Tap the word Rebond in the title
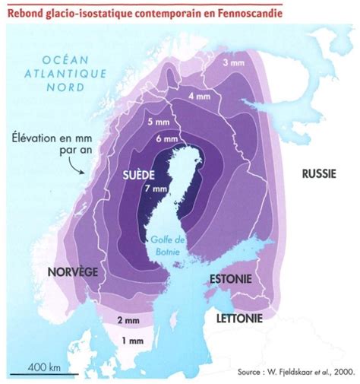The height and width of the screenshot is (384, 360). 30,12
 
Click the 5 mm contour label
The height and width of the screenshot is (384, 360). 160,123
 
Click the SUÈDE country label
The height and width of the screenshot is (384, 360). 140,175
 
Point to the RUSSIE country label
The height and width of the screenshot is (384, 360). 320,173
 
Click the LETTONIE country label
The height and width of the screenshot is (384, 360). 240,316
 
